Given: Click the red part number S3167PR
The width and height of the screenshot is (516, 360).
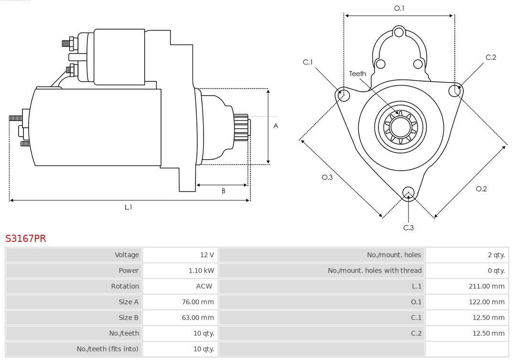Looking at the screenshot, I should click(x=26, y=239).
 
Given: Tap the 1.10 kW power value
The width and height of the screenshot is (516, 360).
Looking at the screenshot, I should click(x=201, y=271).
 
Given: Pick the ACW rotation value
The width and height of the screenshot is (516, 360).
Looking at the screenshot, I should click(x=204, y=286).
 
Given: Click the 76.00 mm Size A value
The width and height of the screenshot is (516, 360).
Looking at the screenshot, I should click(x=198, y=302).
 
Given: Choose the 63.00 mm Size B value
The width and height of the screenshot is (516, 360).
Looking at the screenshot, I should click(x=198, y=317).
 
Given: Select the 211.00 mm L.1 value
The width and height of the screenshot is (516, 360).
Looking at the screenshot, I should click(x=486, y=286).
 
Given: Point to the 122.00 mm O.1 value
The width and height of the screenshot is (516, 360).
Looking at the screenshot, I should click(x=486, y=302).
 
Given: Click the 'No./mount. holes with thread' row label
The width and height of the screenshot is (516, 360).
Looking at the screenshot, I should click(x=375, y=271).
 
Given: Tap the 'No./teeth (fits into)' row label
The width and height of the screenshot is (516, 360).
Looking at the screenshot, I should click(x=107, y=349).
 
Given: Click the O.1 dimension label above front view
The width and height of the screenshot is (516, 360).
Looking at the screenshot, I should click(x=399, y=8).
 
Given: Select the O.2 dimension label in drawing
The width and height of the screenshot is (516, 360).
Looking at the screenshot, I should click(x=481, y=189).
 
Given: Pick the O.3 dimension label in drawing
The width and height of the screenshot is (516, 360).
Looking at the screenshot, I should click(x=327, y=177).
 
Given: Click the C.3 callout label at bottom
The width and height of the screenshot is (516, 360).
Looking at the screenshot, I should click(x=408, y=228).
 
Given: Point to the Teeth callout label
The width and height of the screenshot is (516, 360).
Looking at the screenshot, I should click(x=357, y=74).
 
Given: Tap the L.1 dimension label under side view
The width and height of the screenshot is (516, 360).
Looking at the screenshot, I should click(x=128, y=207).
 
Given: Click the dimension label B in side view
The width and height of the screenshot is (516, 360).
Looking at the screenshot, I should click(x=223, y=191).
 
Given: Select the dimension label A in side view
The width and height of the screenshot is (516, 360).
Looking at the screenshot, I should click(x=276, y=126).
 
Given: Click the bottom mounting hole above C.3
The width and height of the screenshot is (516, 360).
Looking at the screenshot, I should click(x=408, y=193).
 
